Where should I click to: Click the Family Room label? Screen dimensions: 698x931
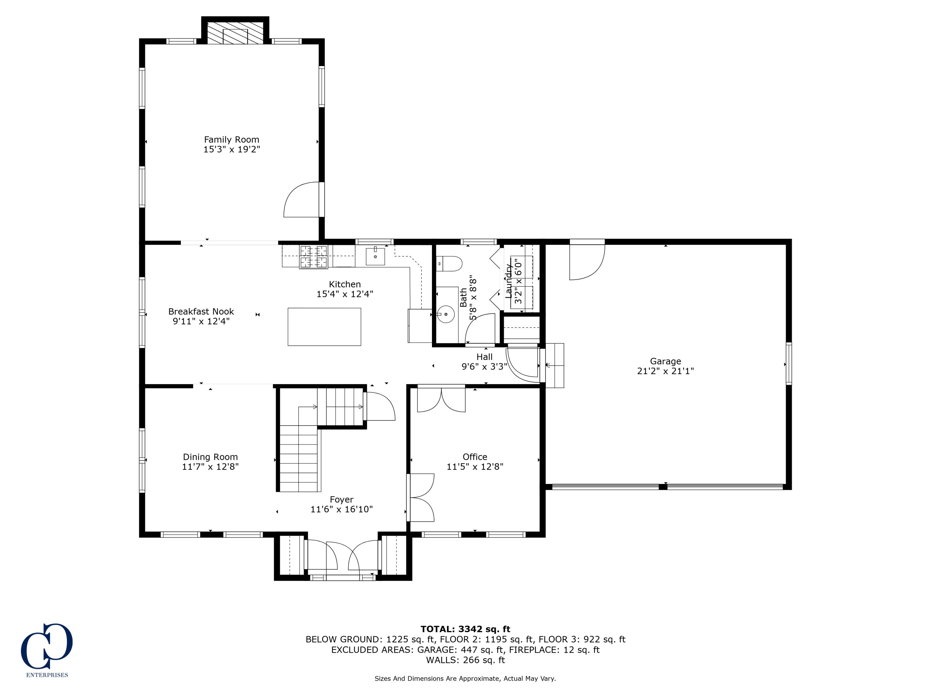click(x=232, y=140)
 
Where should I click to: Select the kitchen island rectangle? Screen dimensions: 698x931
click(x=324, y=327)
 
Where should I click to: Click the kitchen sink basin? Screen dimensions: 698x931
click(x=375, y=256)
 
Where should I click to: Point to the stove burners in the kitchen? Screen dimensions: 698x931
click(x=313, y=257)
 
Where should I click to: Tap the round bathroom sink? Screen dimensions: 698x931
click(x=445, y=314)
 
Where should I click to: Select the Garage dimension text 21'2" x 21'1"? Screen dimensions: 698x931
click(x=665, y=371)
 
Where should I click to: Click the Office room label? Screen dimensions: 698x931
click(x=475, y=457)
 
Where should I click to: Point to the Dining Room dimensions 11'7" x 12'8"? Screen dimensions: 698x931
click(x=210, y=467)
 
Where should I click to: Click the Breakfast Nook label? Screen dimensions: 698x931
click(x=201, y=312)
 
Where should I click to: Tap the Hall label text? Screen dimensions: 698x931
click(x=484, y=357)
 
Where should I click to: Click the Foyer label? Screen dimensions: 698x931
click(x=341, y=499)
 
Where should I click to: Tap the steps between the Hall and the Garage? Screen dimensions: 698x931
click(x=555, y=365)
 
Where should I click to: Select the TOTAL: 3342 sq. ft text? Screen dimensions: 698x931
click(x=465, y=629)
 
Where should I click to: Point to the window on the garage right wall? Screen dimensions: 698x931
click(x=789, y=364)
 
